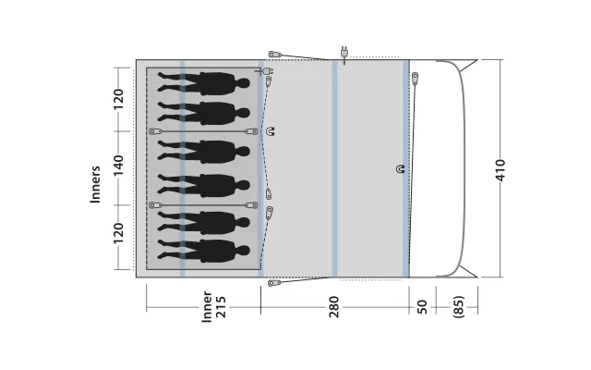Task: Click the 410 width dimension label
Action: click(x=501, y=170)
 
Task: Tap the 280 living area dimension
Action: click(x=334, y=307)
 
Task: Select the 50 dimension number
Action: click(x=422, y=306)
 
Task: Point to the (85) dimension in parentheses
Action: click(x=458, y=306)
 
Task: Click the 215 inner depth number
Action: click(x=221, y=307)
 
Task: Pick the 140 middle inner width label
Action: click(x=118, y=165)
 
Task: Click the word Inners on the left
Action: click(x=95, y=184)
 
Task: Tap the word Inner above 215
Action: click(x=207, y=306)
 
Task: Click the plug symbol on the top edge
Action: click(x=344, y=55)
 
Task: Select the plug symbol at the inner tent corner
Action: click(x=265, y=71)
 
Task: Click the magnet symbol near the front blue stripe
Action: click(x=400, y=169)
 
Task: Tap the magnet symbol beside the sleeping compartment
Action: click(x=271, y=131)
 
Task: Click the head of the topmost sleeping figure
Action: click(x=243, y=83)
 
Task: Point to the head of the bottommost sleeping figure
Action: click(x=243, y=251)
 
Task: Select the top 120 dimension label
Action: click(x=118, y=99)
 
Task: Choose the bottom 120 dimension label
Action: click(x=118, y=233)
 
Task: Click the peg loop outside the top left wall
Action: click(x=275, y=55)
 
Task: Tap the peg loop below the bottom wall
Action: click(x=274, y=283)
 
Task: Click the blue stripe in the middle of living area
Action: click(x=334, y=168)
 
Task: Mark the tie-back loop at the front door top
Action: click(x=415, y=78)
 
